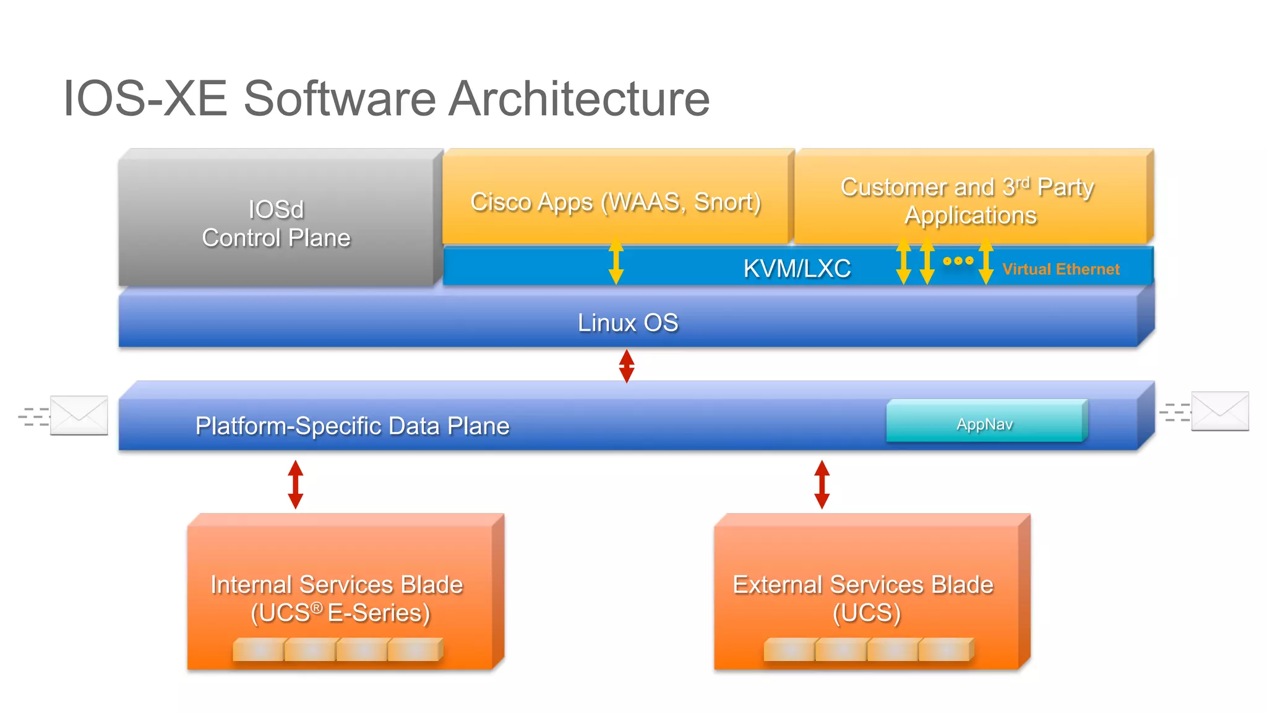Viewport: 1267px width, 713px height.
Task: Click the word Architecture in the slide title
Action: [x=579, y=99]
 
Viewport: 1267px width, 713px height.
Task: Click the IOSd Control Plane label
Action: [x=276, y=223]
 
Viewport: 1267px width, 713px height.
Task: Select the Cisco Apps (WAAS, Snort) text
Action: [x=616, y=202]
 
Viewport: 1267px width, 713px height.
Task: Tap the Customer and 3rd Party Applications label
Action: [x=968, y=201]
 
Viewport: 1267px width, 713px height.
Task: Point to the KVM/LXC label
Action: [x=797, y=269]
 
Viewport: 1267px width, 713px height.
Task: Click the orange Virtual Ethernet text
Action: [x=1060, y=269]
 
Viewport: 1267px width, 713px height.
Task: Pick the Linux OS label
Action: [x=627, y=322]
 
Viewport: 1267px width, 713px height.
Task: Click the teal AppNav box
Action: [x=985, y=423]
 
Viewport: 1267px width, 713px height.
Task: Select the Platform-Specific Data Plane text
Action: [x=352, y=426]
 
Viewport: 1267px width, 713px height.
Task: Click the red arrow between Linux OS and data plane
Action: [x=627, y=366]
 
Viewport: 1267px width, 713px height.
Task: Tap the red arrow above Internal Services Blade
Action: [x=296, y=484]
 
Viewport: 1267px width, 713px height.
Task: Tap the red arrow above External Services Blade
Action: [x=822, y=484]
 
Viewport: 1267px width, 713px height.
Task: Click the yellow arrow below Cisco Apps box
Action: [x=616, y=261]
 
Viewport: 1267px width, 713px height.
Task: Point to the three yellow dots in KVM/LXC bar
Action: [x=958, y=261]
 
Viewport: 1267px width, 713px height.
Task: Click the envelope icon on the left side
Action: [x=79, y=415]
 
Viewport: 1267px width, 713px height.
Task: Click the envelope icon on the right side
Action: [x=1219, y=411]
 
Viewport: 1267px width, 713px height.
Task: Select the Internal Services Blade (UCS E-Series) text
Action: [x=337, y=598]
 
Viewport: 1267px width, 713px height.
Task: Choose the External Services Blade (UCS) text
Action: [x=864, y=598]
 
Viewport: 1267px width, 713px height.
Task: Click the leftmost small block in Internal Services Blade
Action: [x=259, y=650]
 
